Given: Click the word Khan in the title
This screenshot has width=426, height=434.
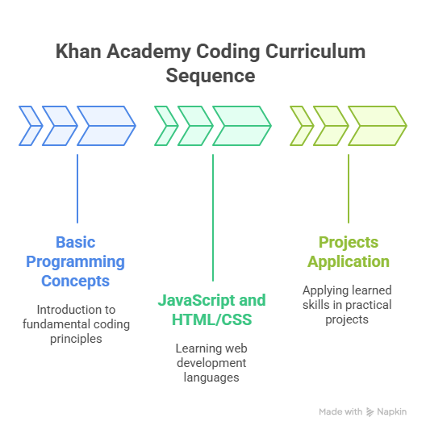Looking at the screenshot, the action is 78,52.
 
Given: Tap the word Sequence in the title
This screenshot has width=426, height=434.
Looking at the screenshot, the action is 211,76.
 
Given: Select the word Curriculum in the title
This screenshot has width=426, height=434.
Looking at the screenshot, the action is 315,52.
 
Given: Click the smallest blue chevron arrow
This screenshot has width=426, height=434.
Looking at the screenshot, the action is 31,126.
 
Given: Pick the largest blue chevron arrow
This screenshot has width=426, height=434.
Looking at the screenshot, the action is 106,126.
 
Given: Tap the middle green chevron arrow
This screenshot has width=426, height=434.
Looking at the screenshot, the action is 195,126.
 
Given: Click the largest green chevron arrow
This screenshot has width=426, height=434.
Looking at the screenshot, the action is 242,126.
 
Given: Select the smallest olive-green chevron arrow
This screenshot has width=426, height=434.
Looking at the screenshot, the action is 302,126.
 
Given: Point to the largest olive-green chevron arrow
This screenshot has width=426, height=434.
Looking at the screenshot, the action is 378,126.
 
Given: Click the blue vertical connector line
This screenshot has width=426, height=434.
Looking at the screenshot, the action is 77,189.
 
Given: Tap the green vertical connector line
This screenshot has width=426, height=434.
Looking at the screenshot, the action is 213,218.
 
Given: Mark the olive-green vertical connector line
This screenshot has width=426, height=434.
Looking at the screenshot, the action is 349,189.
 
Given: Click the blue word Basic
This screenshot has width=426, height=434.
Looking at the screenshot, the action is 76,243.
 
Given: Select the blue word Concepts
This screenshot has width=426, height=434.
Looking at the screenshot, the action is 76,282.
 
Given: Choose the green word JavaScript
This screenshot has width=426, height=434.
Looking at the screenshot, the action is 196,300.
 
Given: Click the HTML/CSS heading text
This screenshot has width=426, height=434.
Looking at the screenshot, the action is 211,319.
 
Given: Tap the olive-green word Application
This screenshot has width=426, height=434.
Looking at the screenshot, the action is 349,262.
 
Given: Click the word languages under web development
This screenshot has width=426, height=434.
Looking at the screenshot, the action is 211,378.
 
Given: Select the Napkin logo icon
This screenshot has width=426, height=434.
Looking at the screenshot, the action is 370,412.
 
